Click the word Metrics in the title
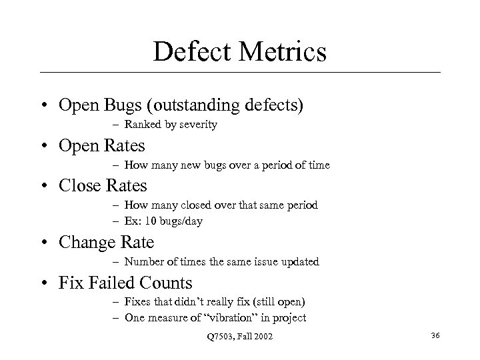point(281,51)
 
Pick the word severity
point(195,125)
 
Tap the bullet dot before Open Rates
point(43,145)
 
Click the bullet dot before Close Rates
point(43,185)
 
